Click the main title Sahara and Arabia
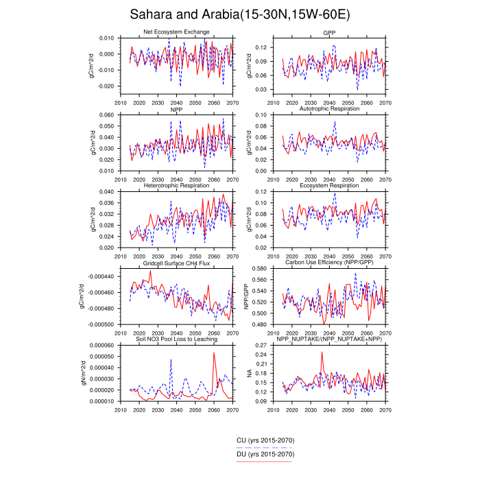point(239,15)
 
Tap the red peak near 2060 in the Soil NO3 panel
point(214,353)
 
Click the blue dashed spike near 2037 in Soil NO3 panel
point(171,360)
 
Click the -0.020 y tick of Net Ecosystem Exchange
point(106,86)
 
